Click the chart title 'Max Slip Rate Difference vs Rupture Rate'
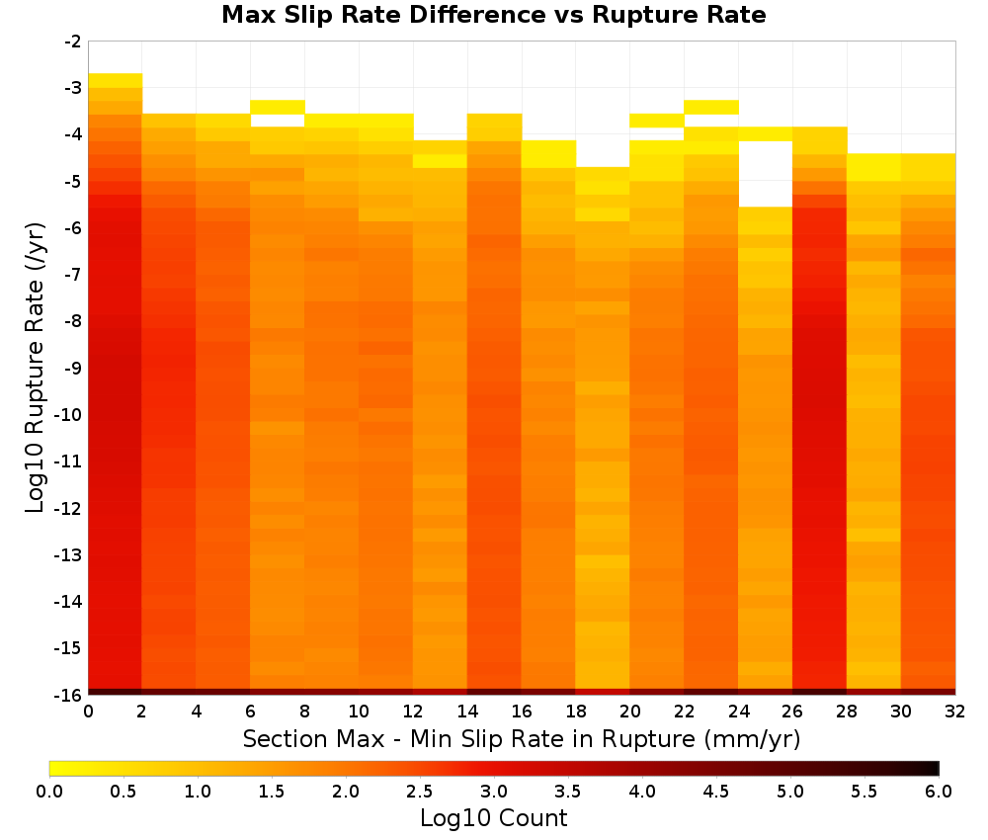pyautogui.click(x=493, y=15)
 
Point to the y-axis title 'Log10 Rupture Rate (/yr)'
pyautogui.click(x=36, y=368)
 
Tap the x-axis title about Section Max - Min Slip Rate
pyautogui.click(x=522, y=738)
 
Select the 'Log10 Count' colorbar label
pyautogui.click(x=493, y=818)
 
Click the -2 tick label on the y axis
pyautogui.click(x=72, y=42)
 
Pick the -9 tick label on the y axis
pyautogui.click(x=72, y=368)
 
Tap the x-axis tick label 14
pyautogui.click(x=467, y=712)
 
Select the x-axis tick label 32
pyautogui.click(x=955, y=712)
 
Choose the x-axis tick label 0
pyautogui.click(x=88, y=712)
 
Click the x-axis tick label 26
pyautogui.click(x=792, y=712)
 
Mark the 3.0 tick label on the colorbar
pyautogui.click(x=493, y=791)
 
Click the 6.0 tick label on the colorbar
pyautogui.click(x=939, y=791)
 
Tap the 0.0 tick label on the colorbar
pyautogui.click(x=49, y=791)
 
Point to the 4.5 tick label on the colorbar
pyautogui.click(x=715, y=791)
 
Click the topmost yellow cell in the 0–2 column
pyautogui.click(x=116, y=81)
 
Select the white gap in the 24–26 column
pyautogui.click(x=765, y=174)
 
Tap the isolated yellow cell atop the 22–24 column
pyautogui.click(x=711, y=107)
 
